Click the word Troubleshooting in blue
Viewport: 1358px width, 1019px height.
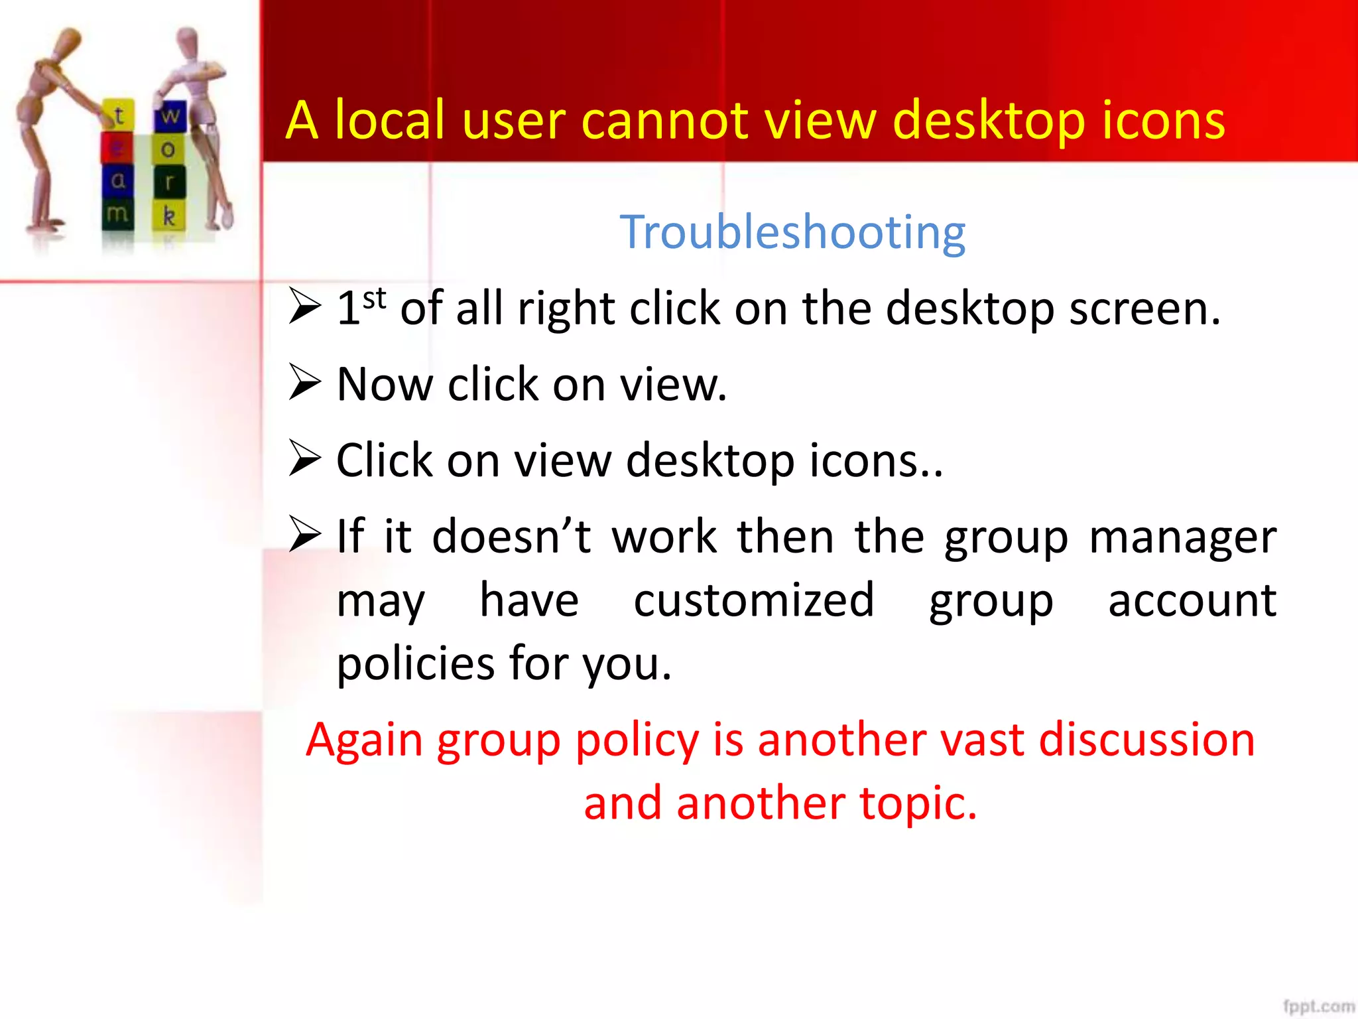[792, 232]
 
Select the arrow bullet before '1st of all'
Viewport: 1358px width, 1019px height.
[305, 307]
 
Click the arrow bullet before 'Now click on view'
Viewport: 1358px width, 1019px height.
[305, 383]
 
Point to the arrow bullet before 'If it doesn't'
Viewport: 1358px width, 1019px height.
[305, 535]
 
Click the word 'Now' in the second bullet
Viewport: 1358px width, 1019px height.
[384, 384]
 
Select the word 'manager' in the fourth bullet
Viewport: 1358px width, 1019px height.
[1182, 537]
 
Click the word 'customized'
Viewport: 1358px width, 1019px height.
[754, 600]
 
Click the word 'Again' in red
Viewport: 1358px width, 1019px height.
[363, 740]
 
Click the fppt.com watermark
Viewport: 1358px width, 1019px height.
[1318, 1006]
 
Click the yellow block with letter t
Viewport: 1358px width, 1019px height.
[119, 115]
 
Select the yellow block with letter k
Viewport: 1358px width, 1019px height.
[169, 216]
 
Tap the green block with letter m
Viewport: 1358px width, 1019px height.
[117, 214]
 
